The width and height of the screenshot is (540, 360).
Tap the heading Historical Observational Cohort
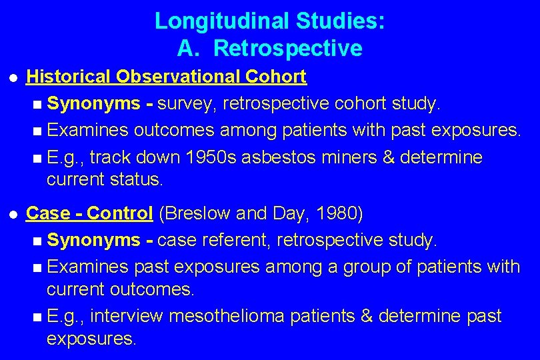tap(166, 77)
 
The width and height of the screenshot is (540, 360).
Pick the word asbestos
tap(271, 158)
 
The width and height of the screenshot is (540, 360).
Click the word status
tap(140, 179)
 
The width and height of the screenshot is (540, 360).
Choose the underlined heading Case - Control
tap(89, 213)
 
